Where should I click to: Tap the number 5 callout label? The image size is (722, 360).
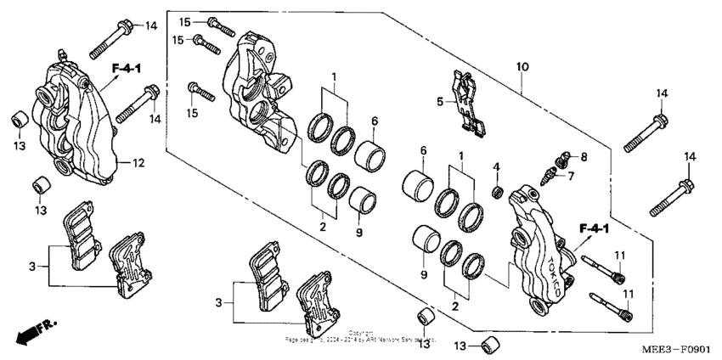coord(440,102)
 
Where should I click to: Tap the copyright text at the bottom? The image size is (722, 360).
coord(360,336)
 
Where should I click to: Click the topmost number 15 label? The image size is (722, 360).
coord(186,20)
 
